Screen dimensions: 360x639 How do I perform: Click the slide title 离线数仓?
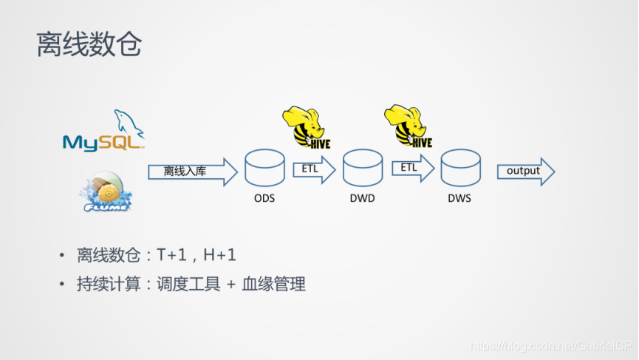[x=89, y=45]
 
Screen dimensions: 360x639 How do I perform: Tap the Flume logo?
[x=106, y=190]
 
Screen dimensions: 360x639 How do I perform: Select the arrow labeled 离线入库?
[x=191, y=172]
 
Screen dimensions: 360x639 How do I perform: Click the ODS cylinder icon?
[x=264, y=168]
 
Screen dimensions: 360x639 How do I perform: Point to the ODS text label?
[x=264, y=198]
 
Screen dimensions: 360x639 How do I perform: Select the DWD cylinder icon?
[x=363, y=168]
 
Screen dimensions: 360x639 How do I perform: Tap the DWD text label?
[x=363, y=198]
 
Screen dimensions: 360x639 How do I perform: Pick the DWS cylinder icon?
[x=461, y=168]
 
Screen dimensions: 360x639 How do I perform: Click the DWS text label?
[x=459, y=198]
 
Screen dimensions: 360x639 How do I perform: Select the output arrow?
[x=525, y=171]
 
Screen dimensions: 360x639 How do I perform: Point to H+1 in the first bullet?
[x=220, y=257]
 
